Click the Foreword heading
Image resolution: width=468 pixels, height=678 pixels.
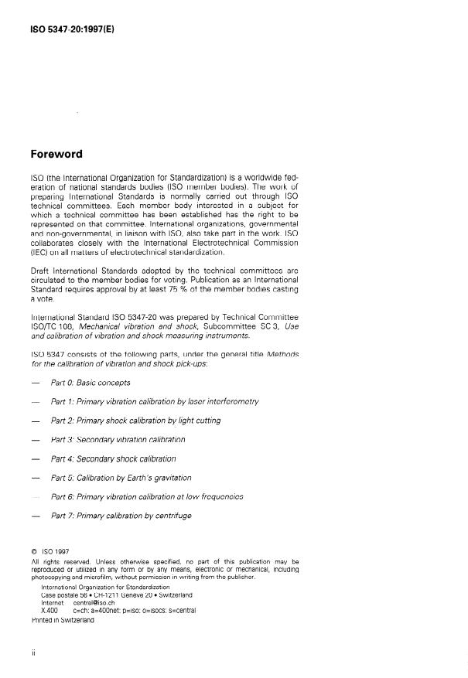57,154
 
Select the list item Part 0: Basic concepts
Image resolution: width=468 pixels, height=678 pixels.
91,383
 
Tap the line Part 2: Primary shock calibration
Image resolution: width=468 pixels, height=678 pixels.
135,421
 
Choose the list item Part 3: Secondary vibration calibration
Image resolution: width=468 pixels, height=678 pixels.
118,439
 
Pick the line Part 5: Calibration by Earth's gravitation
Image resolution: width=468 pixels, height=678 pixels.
121,478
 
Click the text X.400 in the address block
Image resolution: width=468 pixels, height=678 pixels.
50,611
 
